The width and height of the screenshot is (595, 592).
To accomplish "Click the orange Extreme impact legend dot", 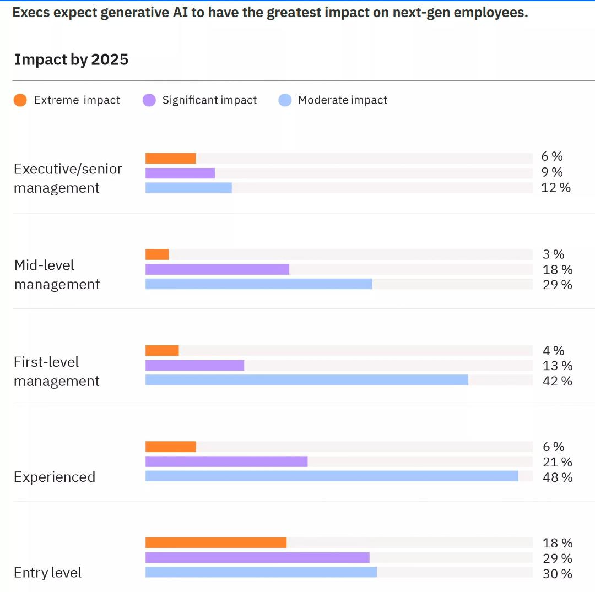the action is pos(20,100).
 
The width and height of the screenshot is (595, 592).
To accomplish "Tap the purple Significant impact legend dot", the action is pos(149,100).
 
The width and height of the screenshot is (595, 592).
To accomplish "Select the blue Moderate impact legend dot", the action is pos(285,100).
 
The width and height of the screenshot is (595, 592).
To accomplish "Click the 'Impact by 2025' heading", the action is pos(71,59).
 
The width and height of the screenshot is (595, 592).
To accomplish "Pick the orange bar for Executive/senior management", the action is pos(171,158).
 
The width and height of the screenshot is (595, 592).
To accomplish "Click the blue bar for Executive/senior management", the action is pos(188,188).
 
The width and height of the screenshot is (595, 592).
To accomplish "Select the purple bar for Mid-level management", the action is pos(218,269).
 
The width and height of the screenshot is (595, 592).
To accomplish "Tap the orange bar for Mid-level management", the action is pos(157,254).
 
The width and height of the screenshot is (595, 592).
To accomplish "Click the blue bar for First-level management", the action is pos(307,380).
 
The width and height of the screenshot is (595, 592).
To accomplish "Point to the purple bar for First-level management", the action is pos(195,365).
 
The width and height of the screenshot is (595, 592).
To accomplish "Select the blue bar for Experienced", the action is pos(332,476).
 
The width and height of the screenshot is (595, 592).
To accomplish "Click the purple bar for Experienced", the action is pos(226,461).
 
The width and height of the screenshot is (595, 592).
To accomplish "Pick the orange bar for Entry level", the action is pos(217,542).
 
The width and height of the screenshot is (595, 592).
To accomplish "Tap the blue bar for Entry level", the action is pos(261,572).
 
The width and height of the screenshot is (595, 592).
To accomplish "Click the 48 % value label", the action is pos(558,477).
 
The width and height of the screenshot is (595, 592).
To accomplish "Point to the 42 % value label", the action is pos(558,381).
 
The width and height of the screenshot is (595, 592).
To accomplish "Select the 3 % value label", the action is pos(554,254).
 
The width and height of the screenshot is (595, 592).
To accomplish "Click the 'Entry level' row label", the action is pos(47,572).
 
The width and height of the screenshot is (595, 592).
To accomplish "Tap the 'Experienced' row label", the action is pos(54,477).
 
